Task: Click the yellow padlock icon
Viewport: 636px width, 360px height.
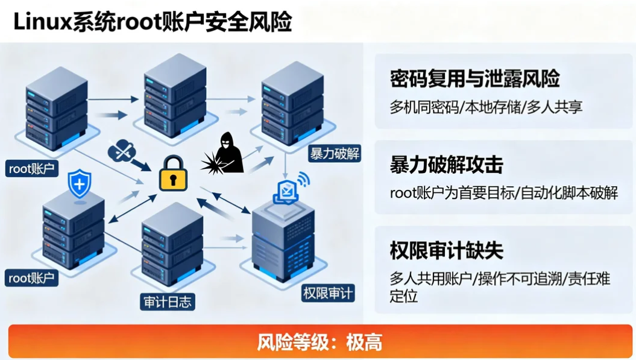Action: [x=173, y=174]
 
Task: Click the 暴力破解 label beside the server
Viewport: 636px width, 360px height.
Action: [x=335, y=153]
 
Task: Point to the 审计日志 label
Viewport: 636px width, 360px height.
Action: [x=168, y=301]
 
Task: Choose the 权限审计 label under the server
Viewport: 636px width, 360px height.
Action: [x=328, y=294]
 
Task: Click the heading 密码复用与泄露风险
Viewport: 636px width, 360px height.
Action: [x=474, y=79]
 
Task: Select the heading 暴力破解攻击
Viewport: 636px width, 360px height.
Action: [x=446, y=165]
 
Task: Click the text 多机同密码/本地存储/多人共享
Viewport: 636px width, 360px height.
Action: [x=486, y=108]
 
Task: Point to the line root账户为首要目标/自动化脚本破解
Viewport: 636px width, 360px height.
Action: [x=503, y=194]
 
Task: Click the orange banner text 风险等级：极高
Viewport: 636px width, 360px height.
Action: [x=320, y=342]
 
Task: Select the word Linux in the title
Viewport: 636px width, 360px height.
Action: [x=42, y=22]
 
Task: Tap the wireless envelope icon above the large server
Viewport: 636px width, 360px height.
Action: [x=289, y=188]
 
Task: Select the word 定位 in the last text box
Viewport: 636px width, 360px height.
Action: [x=403, y=296]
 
